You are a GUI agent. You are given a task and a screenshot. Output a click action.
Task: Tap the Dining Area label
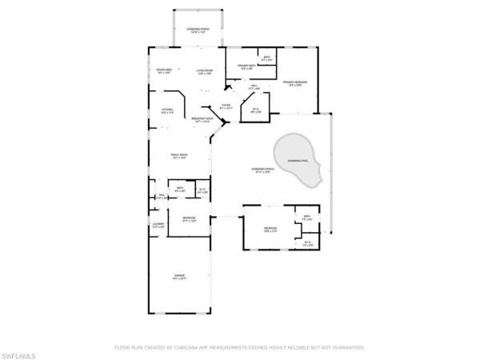(x=165, y=73)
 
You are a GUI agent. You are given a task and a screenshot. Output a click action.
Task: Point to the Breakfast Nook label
(x=201, y=119)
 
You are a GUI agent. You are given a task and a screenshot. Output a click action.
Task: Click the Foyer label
(x=226, y=106)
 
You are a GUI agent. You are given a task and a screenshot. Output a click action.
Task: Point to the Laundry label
(x=158, y=226)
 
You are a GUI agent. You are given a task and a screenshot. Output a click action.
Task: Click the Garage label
(x=180, y=277)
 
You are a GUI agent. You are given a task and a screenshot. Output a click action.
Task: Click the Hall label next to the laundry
(x=162, y=195)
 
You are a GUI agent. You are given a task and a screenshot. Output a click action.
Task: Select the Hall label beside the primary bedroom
(x=253, y=86)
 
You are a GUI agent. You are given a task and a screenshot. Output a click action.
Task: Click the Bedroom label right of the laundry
(x=189, y=219)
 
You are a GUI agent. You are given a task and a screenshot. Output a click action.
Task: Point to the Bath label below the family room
(x=181, y=190)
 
